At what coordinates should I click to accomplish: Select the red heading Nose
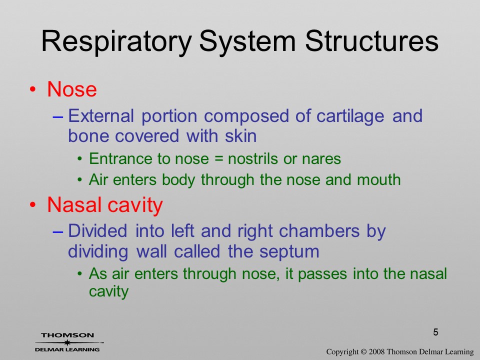72,89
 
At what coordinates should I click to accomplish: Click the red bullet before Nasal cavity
33,205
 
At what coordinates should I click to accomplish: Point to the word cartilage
350,117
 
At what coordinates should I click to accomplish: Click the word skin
240,136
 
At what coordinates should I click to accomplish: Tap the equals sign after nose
218,159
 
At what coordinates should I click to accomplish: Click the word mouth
378,179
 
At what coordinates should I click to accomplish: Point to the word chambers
319,231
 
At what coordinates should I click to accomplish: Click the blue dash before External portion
58,117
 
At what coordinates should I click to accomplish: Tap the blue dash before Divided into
58,231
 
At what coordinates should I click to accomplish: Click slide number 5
435,332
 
